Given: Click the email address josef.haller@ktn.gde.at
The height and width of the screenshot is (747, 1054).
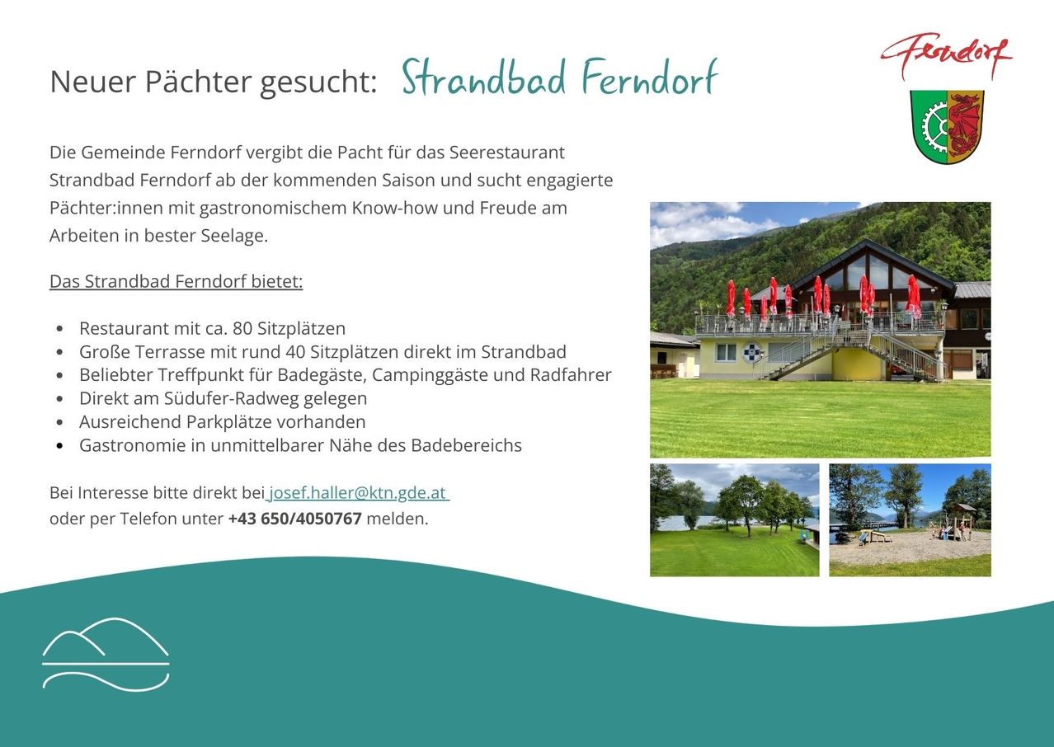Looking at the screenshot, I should tap(358, 493).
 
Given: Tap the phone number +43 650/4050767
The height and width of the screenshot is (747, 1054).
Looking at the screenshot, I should tap(294, 519).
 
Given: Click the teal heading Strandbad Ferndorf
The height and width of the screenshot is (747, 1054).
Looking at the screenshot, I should tap(559, 79).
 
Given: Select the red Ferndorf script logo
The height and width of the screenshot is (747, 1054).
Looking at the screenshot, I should tap(946, 56).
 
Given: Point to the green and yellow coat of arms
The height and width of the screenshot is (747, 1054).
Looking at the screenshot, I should tap(947, 126).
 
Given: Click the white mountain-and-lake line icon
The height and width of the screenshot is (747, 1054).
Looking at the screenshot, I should tap(106, 653).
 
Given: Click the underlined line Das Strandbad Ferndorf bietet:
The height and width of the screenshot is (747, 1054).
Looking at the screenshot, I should tap(176, 282).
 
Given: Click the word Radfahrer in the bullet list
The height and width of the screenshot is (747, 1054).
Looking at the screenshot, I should tap(571, 375).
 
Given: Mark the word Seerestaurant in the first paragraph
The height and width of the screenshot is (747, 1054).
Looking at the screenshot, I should tap(507, 153).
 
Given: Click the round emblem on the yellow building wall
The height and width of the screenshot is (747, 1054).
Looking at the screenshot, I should tap(752, 352).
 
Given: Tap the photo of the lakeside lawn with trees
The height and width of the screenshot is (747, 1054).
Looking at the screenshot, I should tap(734, 520).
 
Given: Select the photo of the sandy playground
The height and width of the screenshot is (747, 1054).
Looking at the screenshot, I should tap(910, 520).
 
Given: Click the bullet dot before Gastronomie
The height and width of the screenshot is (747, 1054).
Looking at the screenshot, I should tap(60, 446).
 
